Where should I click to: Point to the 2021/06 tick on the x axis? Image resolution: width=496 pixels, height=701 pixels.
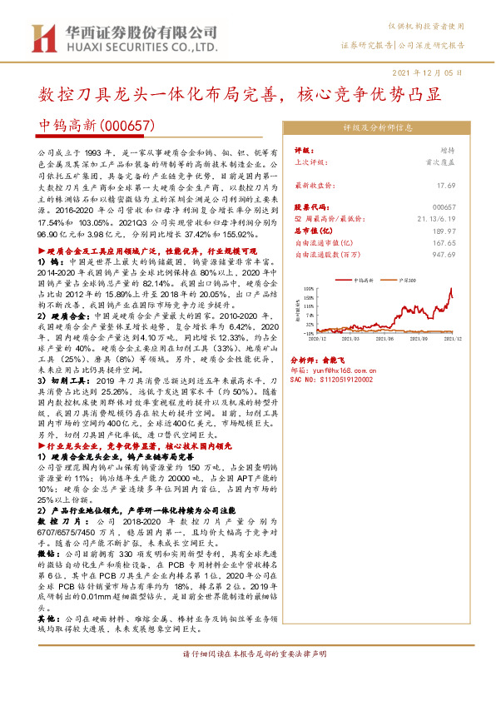[x=384, y=339]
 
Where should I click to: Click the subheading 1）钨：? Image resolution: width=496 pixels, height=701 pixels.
[x=50, y=261]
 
